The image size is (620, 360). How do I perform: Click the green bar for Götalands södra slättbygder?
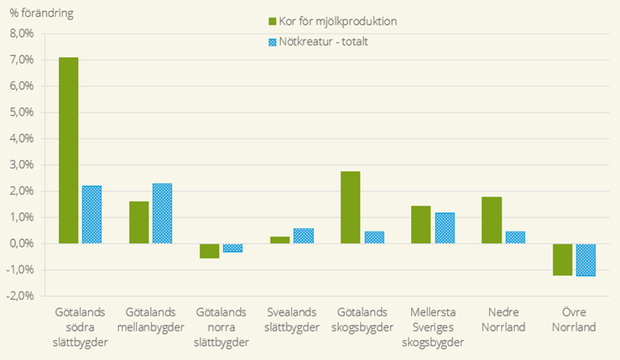(68, 150)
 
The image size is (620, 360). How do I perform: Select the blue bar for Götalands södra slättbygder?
(91, 215)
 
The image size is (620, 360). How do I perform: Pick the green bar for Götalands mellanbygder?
(138, 222)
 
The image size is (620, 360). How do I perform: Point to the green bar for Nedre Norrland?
(492, 220)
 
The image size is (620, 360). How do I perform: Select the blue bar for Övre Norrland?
(586, 259)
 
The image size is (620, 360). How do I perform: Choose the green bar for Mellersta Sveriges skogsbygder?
(421, 225)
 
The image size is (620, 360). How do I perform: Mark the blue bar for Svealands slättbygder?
(304, 236)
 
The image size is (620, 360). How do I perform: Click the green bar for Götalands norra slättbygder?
(209, 251)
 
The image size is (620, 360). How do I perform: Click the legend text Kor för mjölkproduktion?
(343, 21)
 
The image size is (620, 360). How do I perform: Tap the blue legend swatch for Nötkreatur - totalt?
(273, 42)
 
